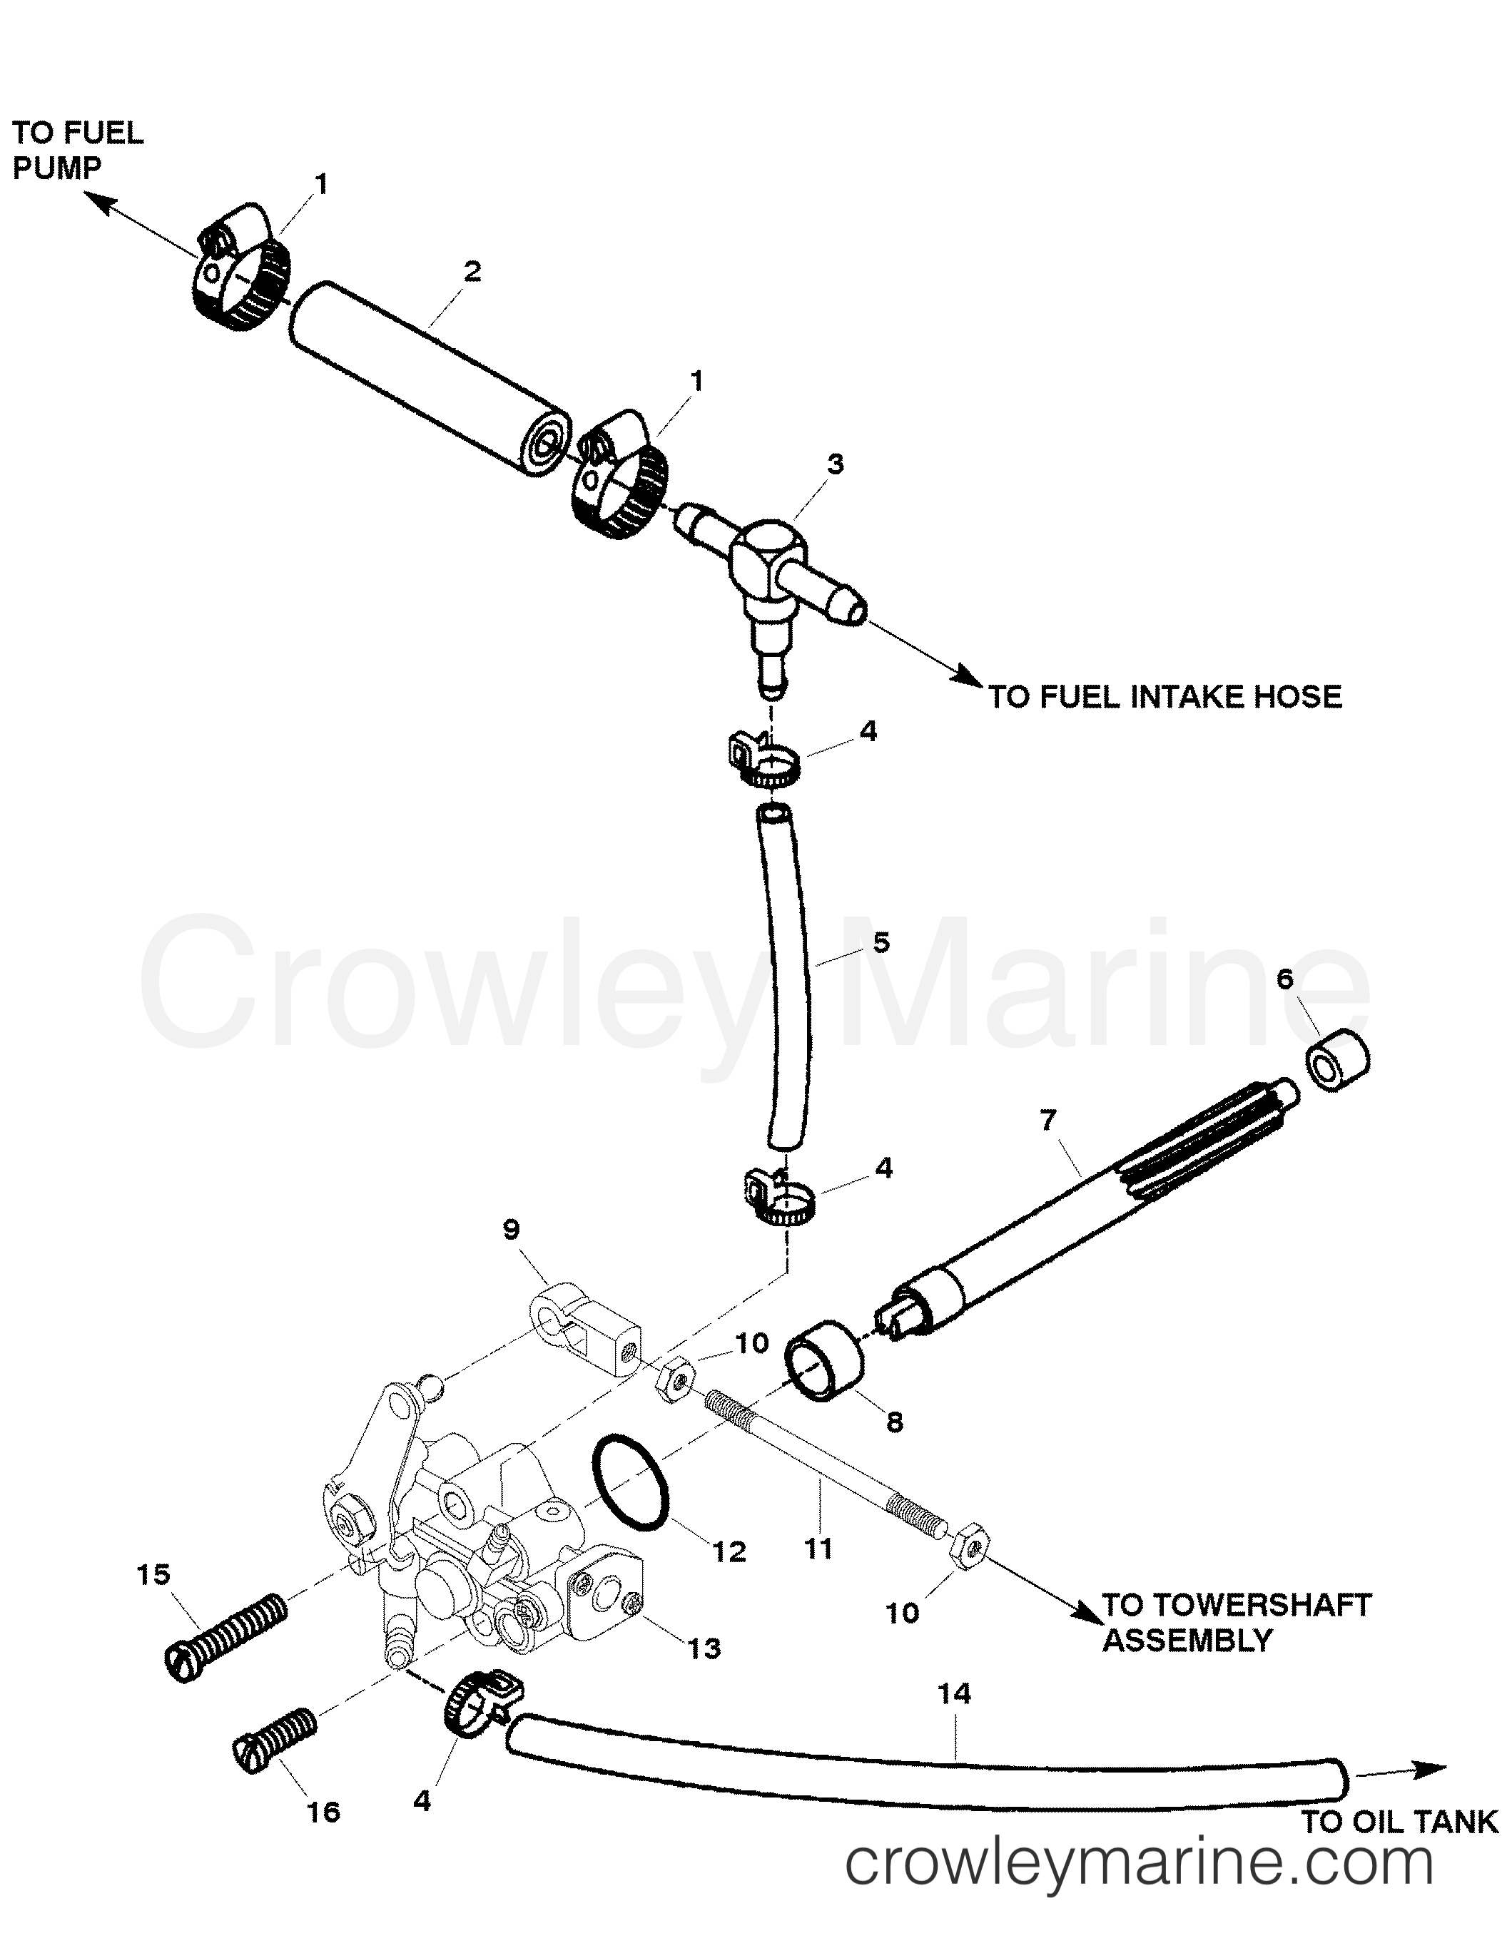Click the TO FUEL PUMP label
click(x=77, y=150)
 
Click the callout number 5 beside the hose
click(x=881, y=942)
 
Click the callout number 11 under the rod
click(x=818, y=1546)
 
